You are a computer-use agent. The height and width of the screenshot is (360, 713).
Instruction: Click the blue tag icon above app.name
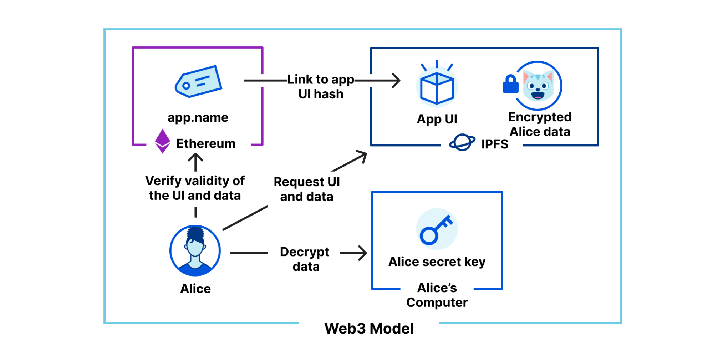(198, 81)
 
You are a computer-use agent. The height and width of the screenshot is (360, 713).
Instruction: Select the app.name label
(198, 117)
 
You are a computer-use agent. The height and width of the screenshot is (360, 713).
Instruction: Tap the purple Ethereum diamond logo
(163, 141)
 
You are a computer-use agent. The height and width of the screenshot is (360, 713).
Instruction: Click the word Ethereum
(206, 143)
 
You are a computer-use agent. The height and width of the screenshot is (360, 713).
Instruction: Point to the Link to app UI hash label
(321, 86)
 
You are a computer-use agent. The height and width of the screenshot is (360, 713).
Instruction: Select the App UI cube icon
(437, 86)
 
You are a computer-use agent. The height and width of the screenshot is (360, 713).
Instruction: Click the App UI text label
(437, 119)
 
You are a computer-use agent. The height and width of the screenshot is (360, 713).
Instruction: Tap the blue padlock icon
(510, 84)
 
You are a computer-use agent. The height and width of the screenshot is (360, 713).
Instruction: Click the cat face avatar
(538, 86)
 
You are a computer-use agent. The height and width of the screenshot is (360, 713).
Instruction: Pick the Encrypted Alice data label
(540, 124)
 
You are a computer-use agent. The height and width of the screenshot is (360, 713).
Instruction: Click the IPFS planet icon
(462, 143)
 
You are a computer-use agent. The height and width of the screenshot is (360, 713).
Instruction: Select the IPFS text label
(495, 144)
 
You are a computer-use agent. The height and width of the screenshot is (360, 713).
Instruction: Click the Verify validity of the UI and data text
(195, 188)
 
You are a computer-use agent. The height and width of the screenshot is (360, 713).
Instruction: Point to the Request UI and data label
(306, 189)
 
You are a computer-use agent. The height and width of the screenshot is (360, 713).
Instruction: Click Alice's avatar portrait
(195, 250)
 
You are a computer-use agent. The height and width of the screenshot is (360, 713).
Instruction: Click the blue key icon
(437, 229)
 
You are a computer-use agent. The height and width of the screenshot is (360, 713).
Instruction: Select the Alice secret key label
(437, 262)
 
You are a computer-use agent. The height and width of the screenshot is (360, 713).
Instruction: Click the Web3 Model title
(369, 329)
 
